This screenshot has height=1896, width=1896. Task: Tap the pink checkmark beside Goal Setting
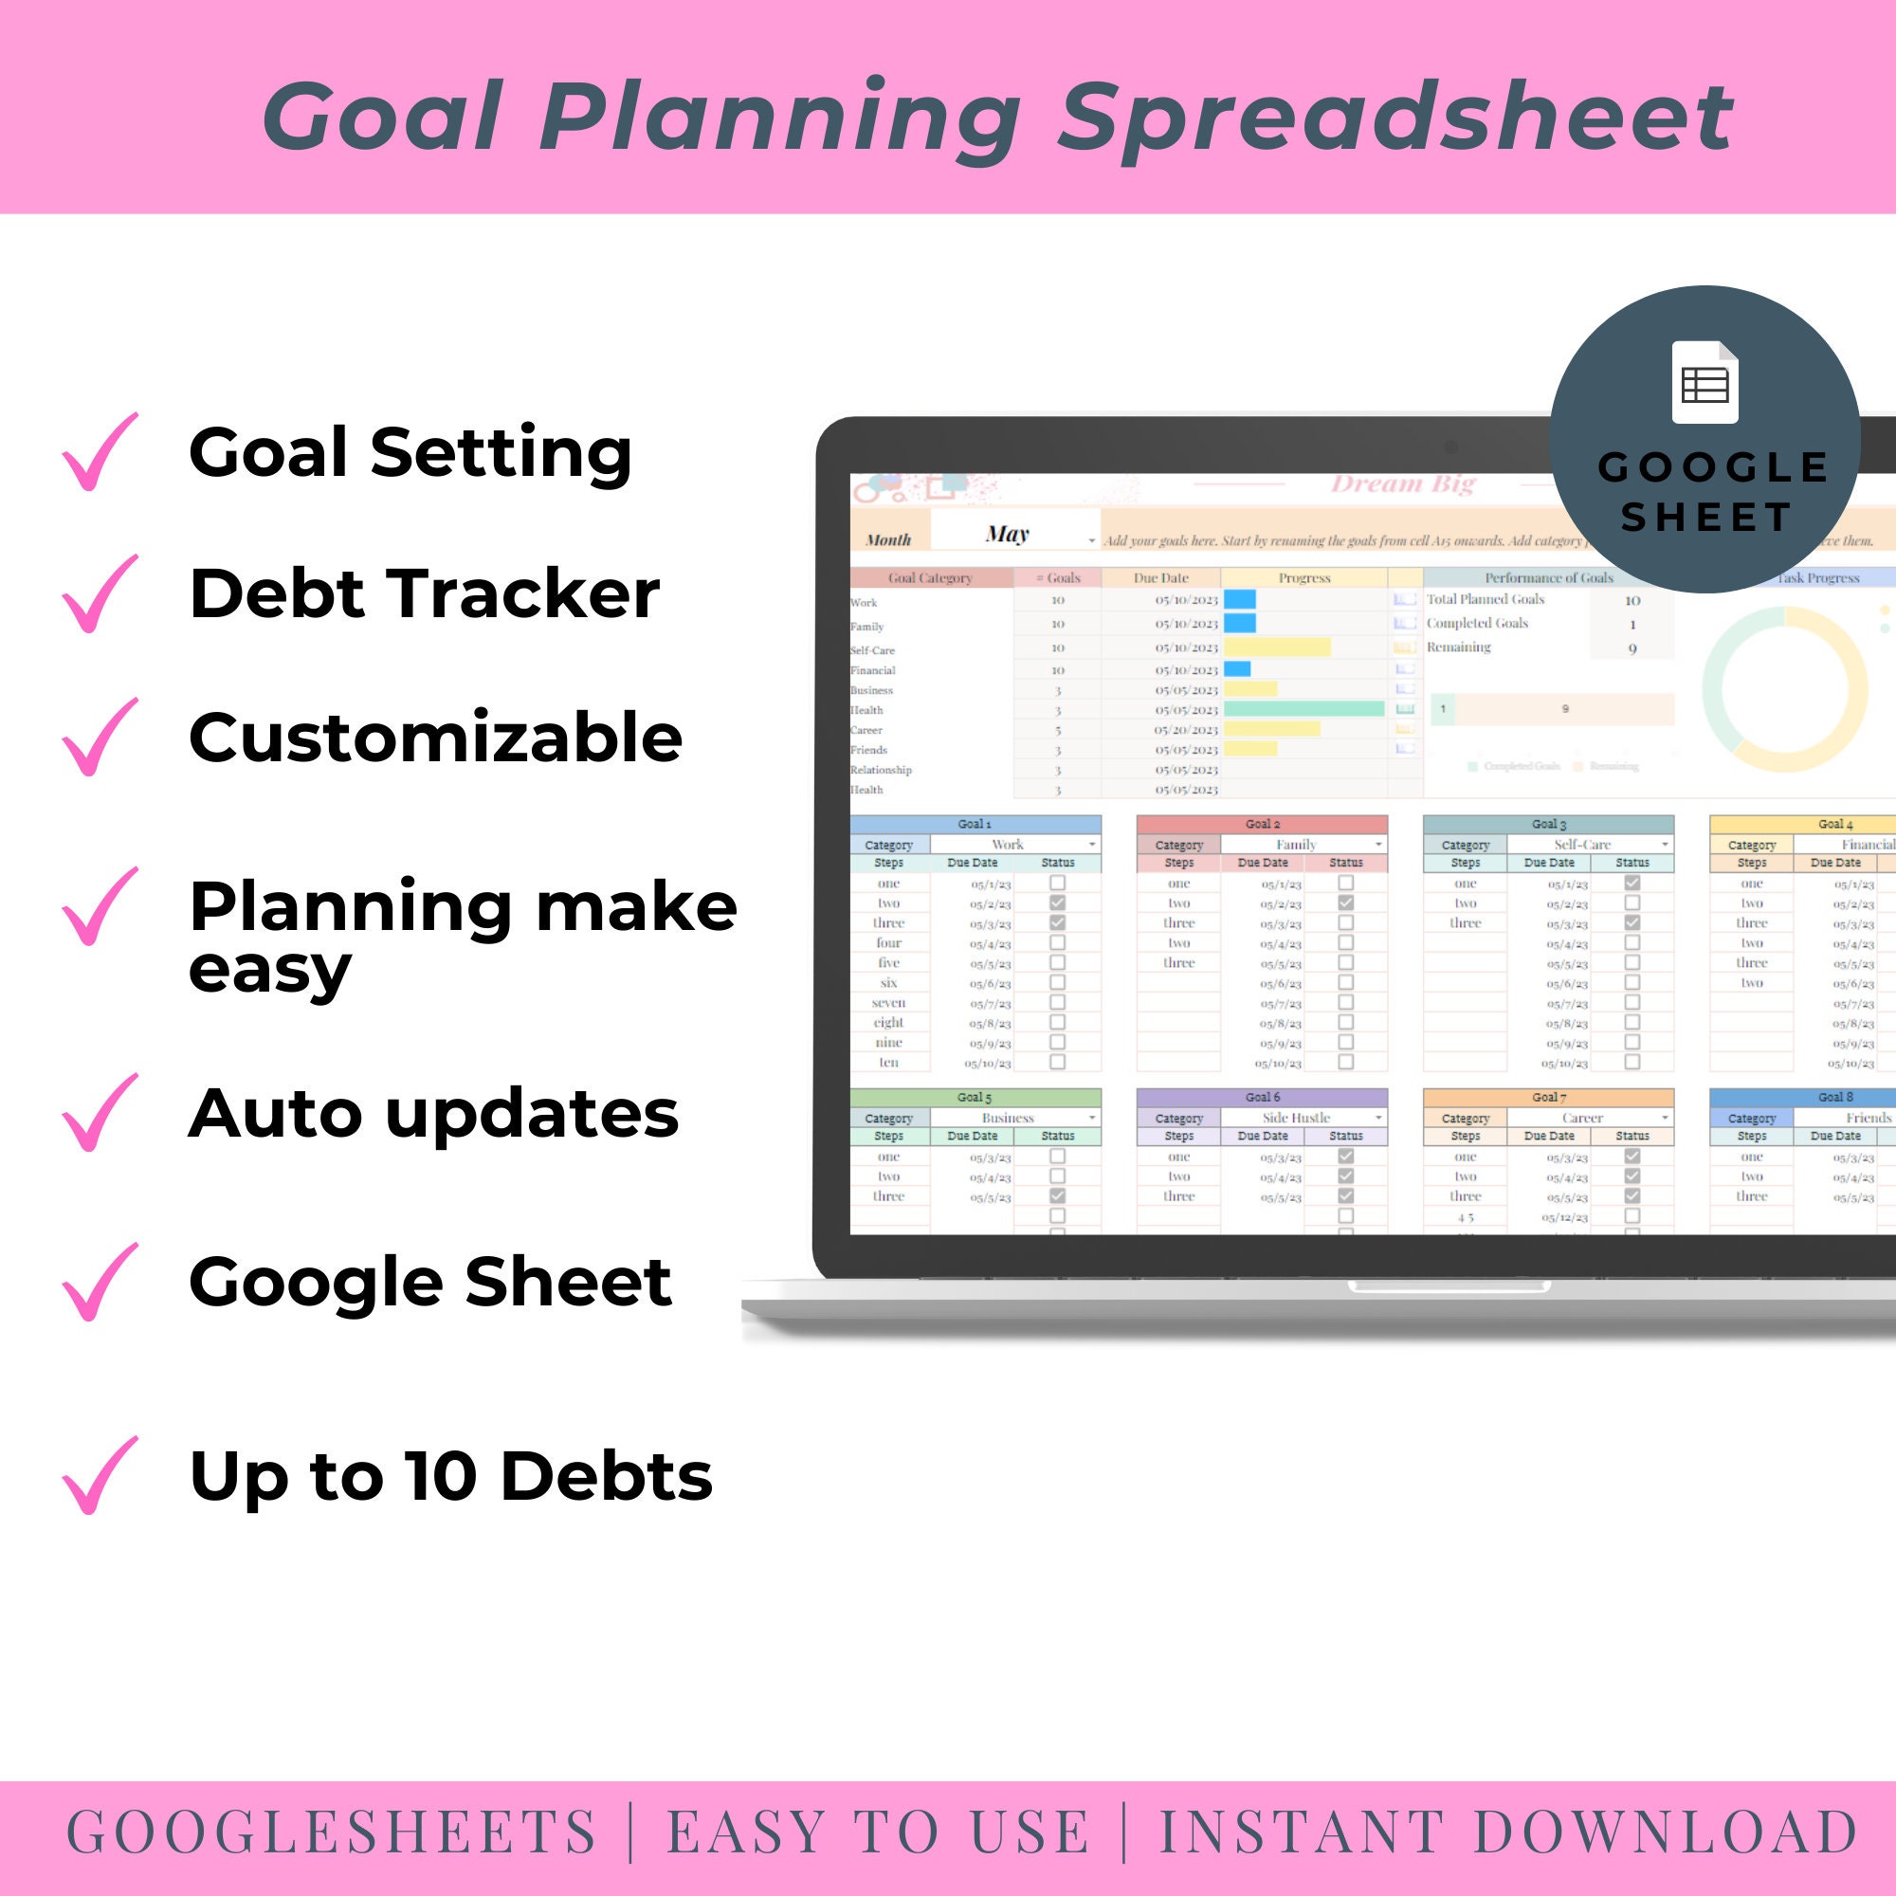click(99, 452)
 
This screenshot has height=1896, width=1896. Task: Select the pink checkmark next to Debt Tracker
click(99, 594)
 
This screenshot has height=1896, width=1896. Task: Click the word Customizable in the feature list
click(435, 738)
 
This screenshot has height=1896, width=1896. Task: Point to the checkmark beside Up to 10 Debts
click(99, 1476)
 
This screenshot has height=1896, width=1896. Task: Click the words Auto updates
click(433, 1114)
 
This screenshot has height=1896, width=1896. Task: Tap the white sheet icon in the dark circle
click(1705, 383)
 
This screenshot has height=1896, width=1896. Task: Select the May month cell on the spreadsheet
click(1008, 535)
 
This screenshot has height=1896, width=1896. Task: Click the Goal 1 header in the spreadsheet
click(975, 825)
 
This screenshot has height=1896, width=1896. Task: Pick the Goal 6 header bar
click(1262, 1097)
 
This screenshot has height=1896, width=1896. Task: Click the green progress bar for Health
click(1303, 709)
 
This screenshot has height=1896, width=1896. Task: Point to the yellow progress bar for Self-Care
click(1277, 647)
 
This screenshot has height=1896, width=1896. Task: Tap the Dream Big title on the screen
click(1402, 483)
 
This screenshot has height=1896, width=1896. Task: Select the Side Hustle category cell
click(1295, 1118)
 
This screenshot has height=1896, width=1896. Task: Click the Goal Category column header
click(929, 578)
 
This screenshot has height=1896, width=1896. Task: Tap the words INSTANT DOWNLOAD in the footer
click(1508, 1832)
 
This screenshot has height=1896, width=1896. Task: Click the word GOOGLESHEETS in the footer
click(332, 1832)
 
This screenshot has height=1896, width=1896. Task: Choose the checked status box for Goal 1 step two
click(1057, 902)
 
